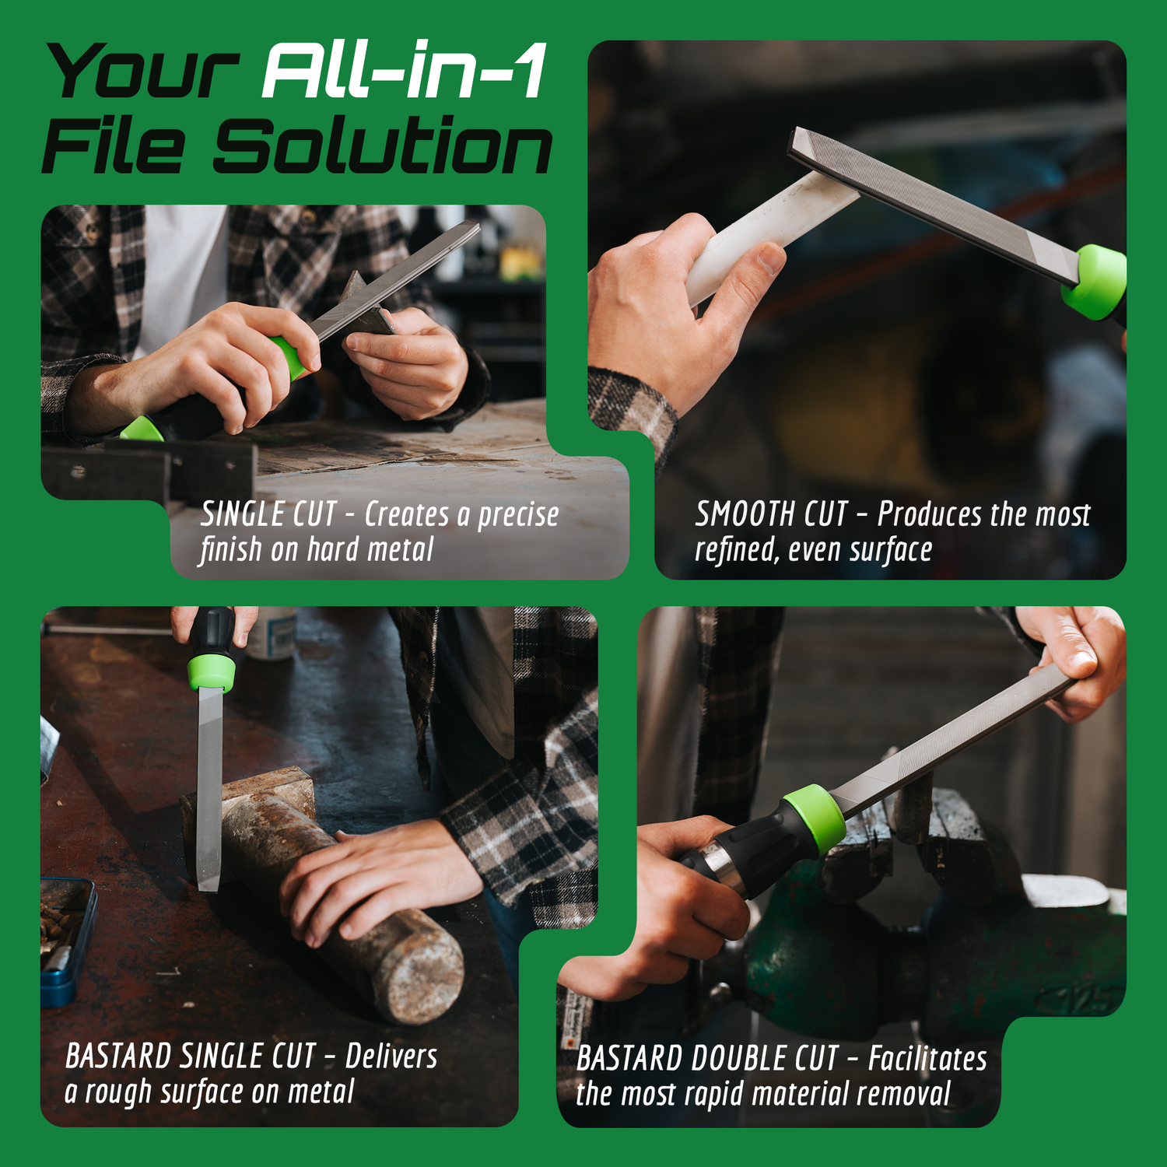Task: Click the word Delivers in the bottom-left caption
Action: coord(391,1057)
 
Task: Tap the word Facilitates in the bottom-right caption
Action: coord(927,1059)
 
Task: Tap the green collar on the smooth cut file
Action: coord(1095,282)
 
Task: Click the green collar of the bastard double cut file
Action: coord(815,819)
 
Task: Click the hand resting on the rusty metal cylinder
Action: coord(381,879)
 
